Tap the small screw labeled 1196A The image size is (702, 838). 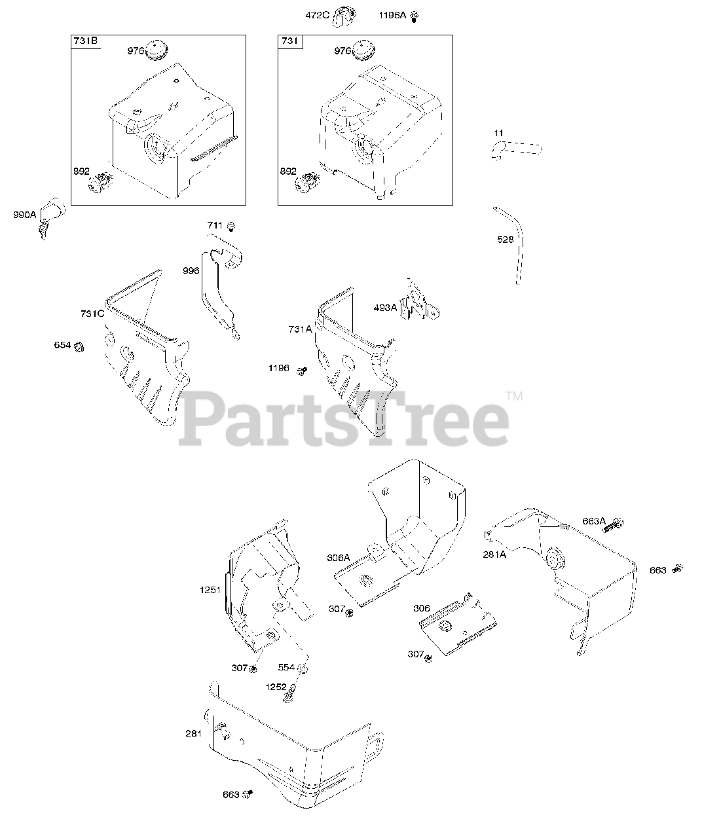point(414,16)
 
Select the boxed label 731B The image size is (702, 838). point(85,42)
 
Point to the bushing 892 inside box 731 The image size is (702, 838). point(306,183)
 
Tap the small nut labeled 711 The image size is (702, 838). point(231,226)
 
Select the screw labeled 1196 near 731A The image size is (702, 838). point(303,371)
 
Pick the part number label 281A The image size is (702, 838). point(495,554)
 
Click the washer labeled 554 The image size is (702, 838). point(303,668)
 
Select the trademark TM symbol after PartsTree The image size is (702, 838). point(514,395)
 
